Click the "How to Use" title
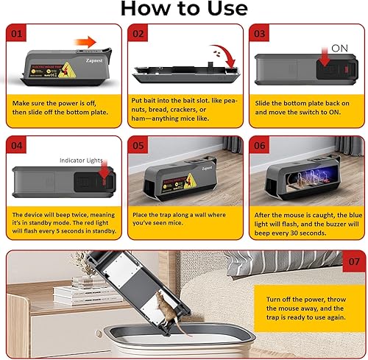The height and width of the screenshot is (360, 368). pyautogui.click(x=183, y=9)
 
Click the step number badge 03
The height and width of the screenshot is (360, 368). pyautogui.click(x=259, y=34)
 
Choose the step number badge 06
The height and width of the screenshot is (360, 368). pyautogui.click(x=259, y=145)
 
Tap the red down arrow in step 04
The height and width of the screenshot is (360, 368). pyautogui.click(x=103, y=174)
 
